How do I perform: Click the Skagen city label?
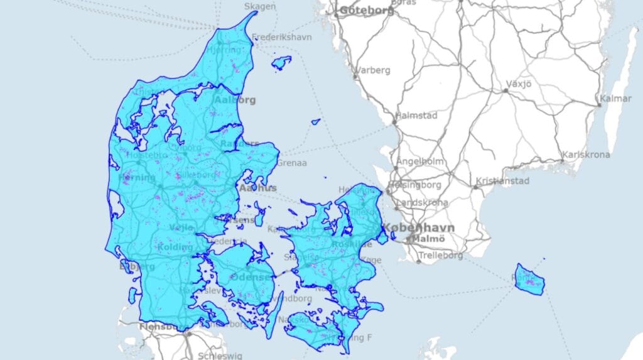(260, 6)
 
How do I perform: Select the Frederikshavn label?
(282, 37)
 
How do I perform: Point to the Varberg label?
(373, 70)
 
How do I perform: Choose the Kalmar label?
(615, 99)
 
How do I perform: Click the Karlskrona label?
(586, 155)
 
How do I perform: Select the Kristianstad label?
(504, 182)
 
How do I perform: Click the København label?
(419, 227)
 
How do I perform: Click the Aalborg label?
(235, 100)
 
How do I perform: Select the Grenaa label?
(292, 163)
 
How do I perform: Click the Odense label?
(251, 277)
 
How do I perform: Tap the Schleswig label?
(220, 356)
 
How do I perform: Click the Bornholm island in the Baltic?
(531, 280)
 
